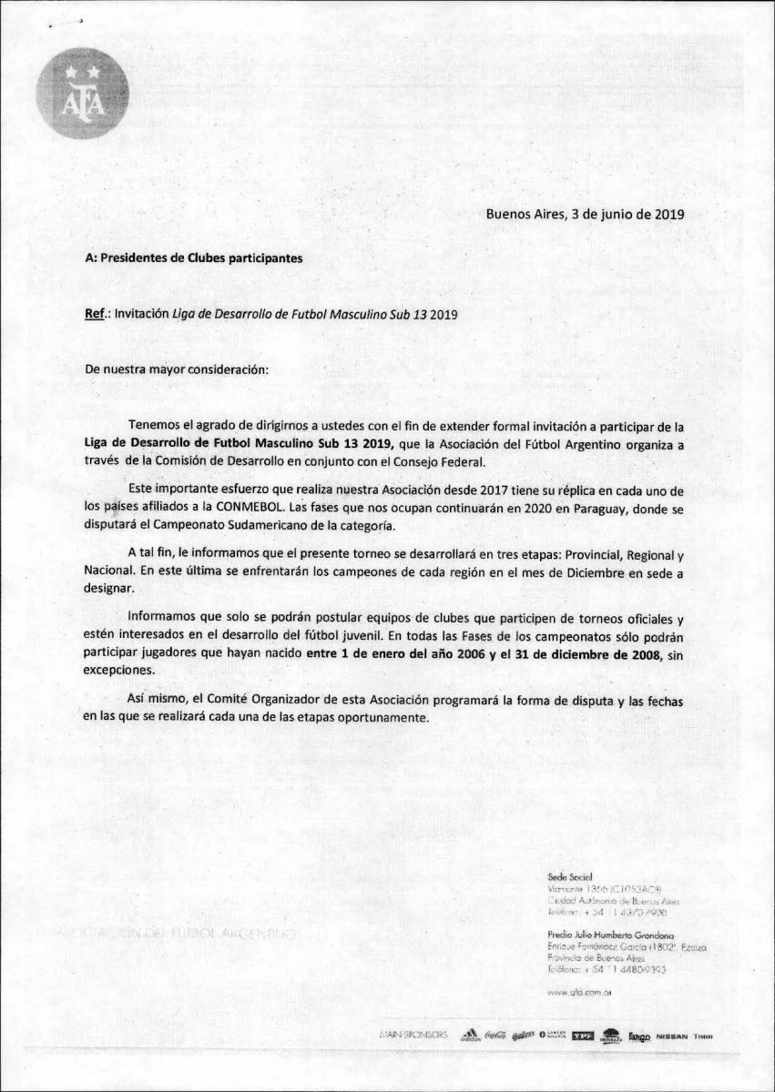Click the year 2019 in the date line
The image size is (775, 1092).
pos(666,216)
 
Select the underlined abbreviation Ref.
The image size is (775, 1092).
pos(96,314)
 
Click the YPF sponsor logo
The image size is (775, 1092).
pos(580,1036)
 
